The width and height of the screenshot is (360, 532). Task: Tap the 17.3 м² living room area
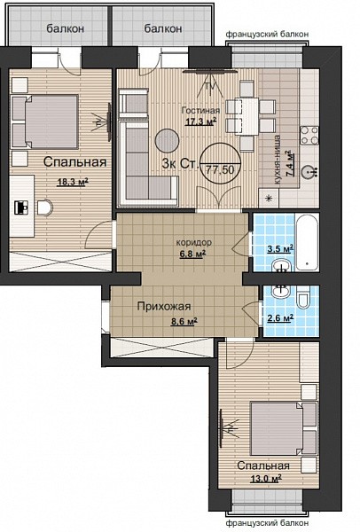tap(201, 121)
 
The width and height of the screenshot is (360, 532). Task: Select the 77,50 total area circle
tap(220, 163)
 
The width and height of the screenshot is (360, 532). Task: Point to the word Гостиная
tap(200, 110)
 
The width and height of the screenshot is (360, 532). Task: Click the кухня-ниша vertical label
tap(278, 160)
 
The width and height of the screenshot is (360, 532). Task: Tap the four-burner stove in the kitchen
tap(309, 136)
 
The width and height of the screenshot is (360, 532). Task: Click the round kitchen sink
tap(309, 171)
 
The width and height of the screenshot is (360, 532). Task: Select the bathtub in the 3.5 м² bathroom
tap(307, 242)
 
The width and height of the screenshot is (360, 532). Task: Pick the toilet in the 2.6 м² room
tap(303, 298)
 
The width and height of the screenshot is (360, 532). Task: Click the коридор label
tap(193, 243)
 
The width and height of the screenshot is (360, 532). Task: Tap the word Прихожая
tap(164, 307)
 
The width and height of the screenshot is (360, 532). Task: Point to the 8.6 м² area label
tap(184, 321)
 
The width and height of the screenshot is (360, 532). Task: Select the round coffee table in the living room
tap(167, 140)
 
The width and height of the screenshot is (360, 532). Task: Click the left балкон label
tap(65, 28)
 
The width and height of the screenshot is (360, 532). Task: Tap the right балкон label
tap(163, 28)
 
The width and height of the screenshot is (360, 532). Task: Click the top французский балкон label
tap(268, 34)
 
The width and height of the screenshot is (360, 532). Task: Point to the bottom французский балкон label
tap(268, 523)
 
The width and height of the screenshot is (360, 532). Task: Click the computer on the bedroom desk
tap(21, 207)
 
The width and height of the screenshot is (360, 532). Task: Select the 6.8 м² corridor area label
tap(192, 254)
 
